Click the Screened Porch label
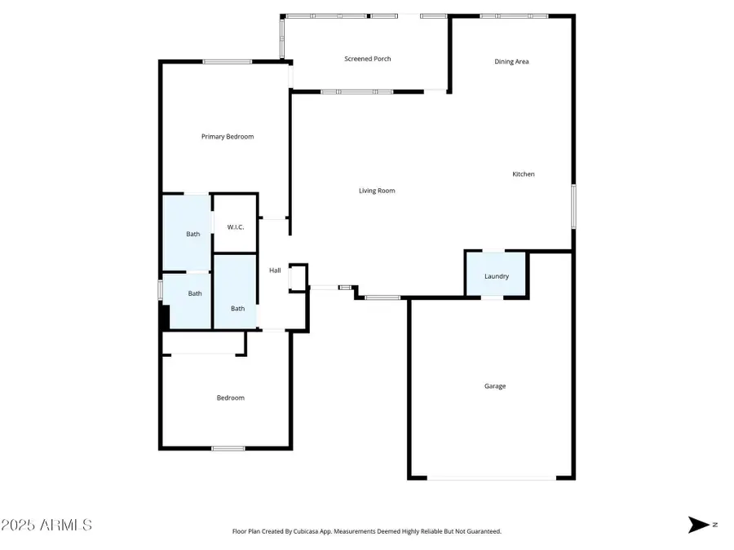click(367, 59)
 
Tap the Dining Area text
click(511, 61)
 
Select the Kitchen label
click(523, 174)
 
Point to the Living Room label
click(377, 191)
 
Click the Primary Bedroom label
click(228, 136)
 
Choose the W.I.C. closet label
click(235, 227)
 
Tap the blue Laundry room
click(496, 275)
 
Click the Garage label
click(495, 386)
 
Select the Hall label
click(275, 271)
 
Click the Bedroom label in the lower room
click(230, 398)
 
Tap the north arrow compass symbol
click(699, 525)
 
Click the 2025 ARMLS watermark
click(46, 525)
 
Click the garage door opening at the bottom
click(492, 478)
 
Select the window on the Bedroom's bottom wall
click(228, 448)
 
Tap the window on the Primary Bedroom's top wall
click(227, 62)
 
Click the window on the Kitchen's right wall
click(573, 205)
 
